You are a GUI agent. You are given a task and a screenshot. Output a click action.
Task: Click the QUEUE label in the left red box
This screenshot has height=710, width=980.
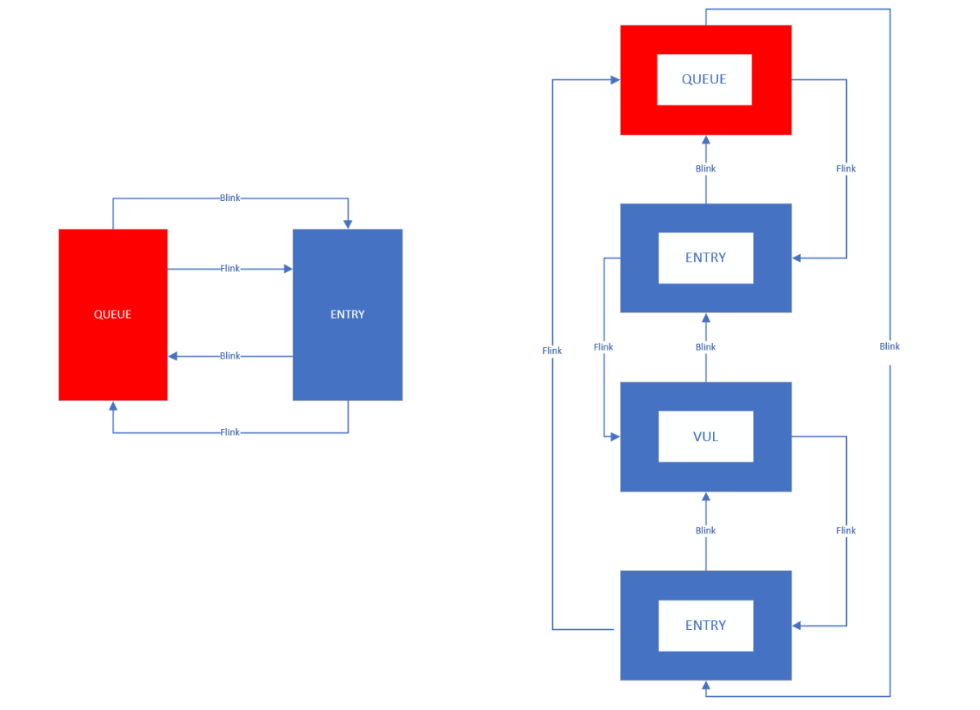click(113, 315)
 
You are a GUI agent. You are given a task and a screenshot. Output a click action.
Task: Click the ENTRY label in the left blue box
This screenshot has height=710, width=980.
click(347, 315)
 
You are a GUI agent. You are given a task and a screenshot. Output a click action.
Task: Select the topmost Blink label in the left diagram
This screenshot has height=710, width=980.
click(230, 198)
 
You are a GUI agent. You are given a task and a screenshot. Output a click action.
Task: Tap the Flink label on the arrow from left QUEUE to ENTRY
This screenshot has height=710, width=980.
click(230, 268)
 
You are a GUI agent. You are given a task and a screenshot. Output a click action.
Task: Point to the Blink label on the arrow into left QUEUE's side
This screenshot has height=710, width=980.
click(230, 355)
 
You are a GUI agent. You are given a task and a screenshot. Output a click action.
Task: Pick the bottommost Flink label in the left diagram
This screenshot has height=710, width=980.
click(230, 432)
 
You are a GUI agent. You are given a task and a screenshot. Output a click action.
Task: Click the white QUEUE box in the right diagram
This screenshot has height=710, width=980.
click(704, 79)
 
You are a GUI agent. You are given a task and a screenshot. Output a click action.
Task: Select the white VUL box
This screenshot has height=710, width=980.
click(706, 436)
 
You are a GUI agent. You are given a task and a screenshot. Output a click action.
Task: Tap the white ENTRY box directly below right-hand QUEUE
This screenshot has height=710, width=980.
click(706, 257)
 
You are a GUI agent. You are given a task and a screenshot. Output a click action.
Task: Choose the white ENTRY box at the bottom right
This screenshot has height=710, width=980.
click(706, 625)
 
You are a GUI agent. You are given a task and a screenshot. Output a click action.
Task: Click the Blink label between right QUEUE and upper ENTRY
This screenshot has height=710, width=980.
click(706, 168)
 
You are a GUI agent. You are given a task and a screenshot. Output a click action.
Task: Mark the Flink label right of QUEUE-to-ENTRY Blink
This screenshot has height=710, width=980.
click(846, 168)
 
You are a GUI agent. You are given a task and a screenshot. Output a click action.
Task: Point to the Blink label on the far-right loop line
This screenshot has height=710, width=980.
click(889, 346)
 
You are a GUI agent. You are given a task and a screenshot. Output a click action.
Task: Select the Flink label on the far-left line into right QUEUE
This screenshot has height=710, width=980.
click(552, 351)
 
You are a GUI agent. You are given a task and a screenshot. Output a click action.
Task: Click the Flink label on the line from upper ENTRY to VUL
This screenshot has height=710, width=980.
click(604, 347)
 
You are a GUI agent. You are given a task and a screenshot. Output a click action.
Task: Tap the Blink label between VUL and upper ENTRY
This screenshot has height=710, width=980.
click(706, 347)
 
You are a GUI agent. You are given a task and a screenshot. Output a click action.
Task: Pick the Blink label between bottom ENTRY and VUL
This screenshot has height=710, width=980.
click(706, 530)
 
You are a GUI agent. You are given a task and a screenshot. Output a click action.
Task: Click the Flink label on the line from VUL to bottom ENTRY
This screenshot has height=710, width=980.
click(846, 530)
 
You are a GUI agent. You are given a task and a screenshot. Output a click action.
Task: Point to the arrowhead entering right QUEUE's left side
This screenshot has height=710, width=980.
click(615, 79)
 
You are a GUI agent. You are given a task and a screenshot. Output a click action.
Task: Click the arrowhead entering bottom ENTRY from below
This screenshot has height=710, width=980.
click(706, 685)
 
